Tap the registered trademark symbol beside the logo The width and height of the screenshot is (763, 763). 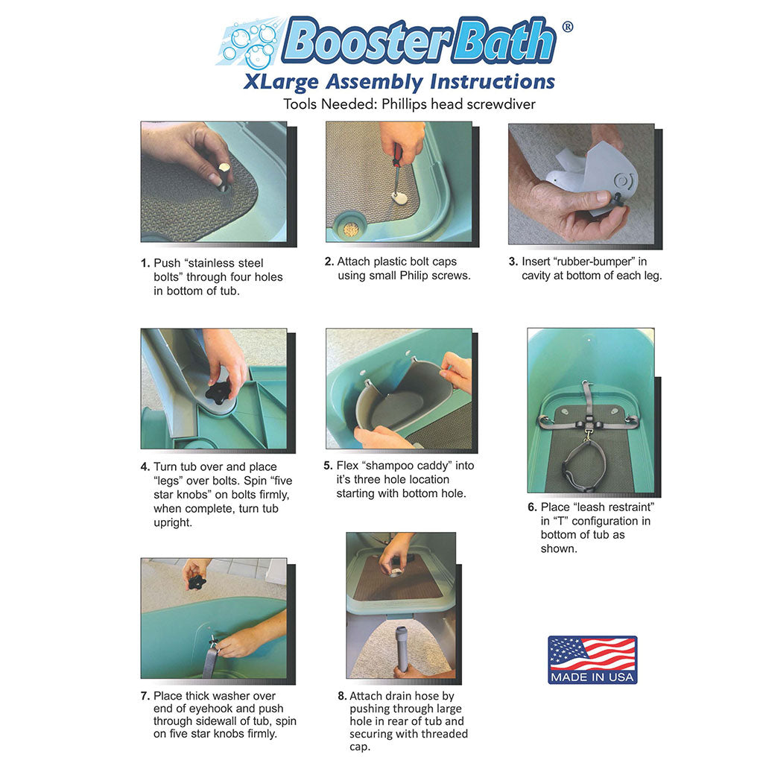tap(567, 27)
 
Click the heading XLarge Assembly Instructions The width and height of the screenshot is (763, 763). tap(399, 81)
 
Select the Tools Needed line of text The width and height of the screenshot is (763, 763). tap(409, 104)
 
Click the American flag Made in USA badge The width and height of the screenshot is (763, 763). tap(592, 659)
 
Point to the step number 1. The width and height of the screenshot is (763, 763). tap(145, 263)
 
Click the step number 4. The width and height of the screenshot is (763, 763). tap(145, 467)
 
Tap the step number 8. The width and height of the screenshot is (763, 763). tap(341, 696)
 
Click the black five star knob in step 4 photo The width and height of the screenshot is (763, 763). tap(218, 392)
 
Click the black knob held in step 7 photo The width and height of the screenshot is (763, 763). tap(197, 581)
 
